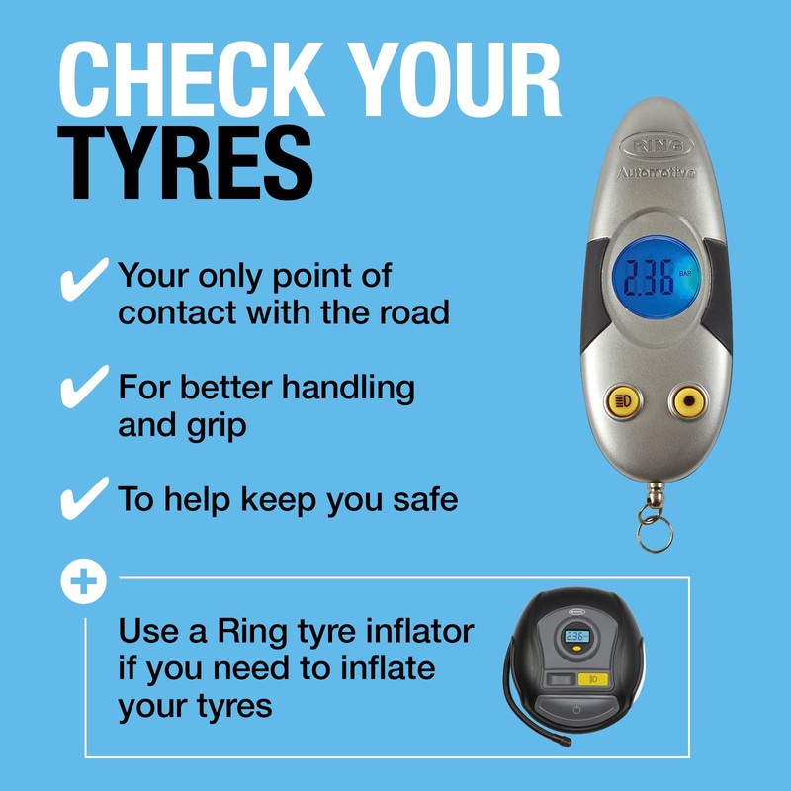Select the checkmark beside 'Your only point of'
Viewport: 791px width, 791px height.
84,279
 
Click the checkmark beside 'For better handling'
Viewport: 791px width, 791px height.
84,387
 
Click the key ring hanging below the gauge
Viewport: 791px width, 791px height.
654,534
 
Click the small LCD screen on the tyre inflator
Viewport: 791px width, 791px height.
576,638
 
